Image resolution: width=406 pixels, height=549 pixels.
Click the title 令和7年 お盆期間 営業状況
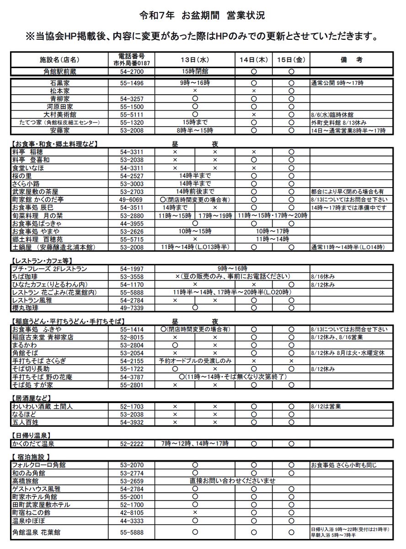(x=202, y=16)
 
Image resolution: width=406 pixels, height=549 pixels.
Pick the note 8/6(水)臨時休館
(x=330, y=114)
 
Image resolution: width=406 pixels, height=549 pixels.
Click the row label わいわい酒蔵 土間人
(x=39, y=406)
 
